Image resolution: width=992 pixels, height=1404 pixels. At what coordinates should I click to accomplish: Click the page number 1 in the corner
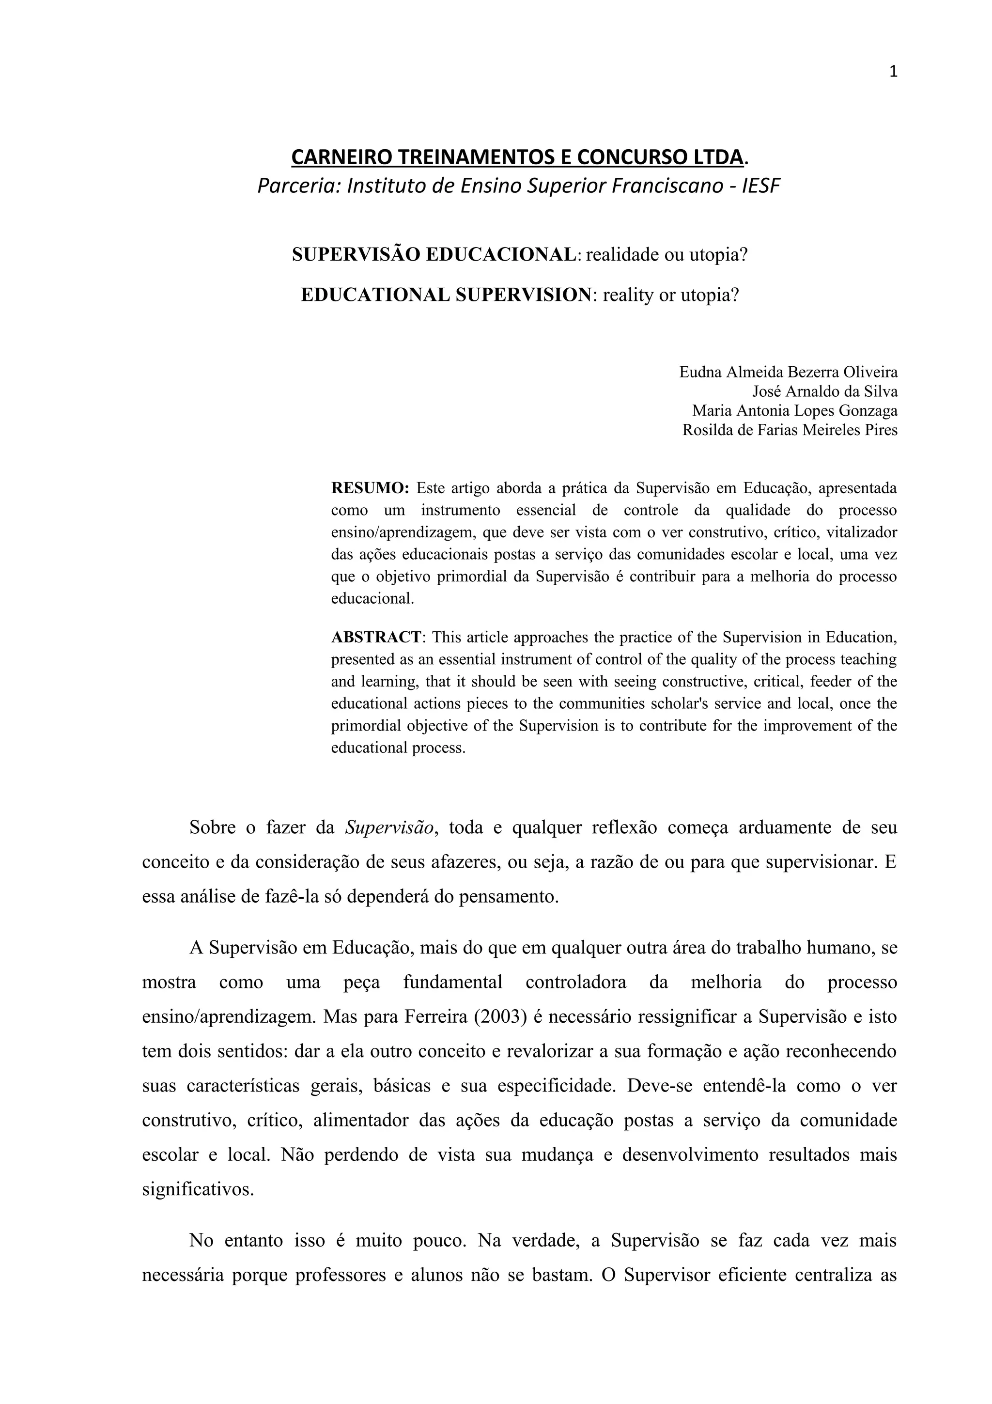893,72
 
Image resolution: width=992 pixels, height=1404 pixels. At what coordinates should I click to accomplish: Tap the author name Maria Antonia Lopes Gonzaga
794,410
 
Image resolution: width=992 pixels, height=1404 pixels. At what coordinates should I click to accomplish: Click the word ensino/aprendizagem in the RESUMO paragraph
403,532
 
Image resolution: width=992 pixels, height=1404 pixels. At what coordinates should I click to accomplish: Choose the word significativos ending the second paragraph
198,1189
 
